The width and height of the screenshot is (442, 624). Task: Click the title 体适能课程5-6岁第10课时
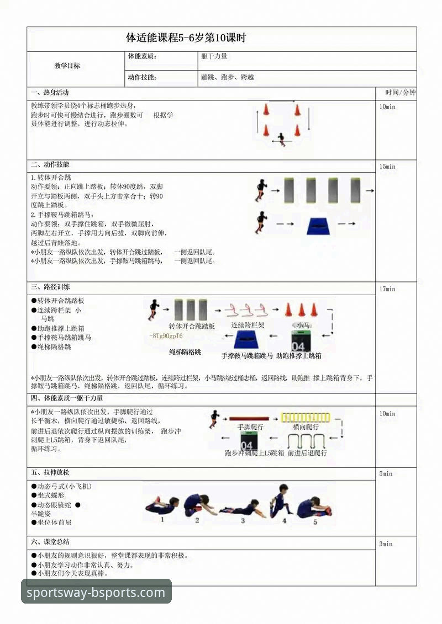pos(186,38)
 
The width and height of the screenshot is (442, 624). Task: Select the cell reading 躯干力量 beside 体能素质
pos(214,56)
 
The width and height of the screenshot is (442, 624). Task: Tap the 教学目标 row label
pos(67,66)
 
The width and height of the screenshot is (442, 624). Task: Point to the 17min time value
pos(387,289)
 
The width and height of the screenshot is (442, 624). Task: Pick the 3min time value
pos(386,544)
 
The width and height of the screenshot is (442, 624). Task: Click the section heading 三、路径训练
pos(50,287)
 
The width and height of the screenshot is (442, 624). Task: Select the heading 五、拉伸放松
pos(50,473)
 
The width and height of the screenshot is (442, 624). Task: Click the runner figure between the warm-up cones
pos(282,138)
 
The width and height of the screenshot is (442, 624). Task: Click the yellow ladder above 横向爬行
pos(306,418)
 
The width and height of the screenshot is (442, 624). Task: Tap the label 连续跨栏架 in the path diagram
pos(248,326)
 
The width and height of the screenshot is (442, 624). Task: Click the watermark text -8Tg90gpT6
pos(166,336)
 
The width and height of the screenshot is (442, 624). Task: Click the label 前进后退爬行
pos(307,453)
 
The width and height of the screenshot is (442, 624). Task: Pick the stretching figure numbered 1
pos(162,505)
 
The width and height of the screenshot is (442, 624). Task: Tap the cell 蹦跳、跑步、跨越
pos(228,78)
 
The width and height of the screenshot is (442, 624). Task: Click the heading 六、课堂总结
pos(50,542)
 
